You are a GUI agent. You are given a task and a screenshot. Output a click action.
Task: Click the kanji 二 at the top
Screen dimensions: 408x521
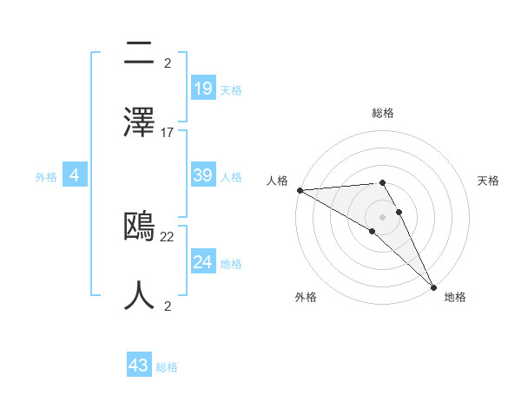pos(140,54)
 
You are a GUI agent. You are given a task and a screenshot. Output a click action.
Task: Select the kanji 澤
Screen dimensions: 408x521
pos(140,122)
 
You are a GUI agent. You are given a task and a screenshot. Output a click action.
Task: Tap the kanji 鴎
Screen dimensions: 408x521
pos(140,227)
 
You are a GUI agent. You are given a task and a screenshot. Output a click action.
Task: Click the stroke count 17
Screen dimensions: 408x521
pos(168,133)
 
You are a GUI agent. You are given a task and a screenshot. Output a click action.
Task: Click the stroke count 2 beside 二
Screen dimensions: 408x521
pos(168,64)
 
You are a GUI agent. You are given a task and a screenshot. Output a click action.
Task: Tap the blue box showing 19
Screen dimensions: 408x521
pos(203,88)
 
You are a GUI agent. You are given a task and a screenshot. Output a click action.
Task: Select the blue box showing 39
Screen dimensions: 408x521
pos(203,175)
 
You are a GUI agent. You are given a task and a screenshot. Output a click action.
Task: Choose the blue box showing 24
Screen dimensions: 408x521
pos(203,261)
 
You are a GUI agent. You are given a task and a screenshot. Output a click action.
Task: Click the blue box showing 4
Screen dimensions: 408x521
pos(75,175)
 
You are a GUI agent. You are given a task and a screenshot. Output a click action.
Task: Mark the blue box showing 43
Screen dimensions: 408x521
pos(139,365)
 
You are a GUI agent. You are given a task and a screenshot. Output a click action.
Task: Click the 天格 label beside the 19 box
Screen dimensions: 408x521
pos(230,89)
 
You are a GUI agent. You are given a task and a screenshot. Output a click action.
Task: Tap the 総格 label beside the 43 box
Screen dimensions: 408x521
pos(167,367)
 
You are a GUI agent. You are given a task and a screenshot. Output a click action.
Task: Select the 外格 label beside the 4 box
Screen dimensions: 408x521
pos(46,176)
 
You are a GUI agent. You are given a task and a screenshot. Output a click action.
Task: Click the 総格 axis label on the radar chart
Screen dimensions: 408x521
pos(383,113)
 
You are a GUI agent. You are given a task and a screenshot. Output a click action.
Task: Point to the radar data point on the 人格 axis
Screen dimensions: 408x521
pos(300,190)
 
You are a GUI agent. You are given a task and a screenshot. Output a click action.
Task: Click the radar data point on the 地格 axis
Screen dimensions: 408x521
pos(433,286)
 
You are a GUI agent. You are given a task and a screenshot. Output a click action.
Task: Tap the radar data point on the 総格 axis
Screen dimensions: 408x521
pos(382,182)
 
